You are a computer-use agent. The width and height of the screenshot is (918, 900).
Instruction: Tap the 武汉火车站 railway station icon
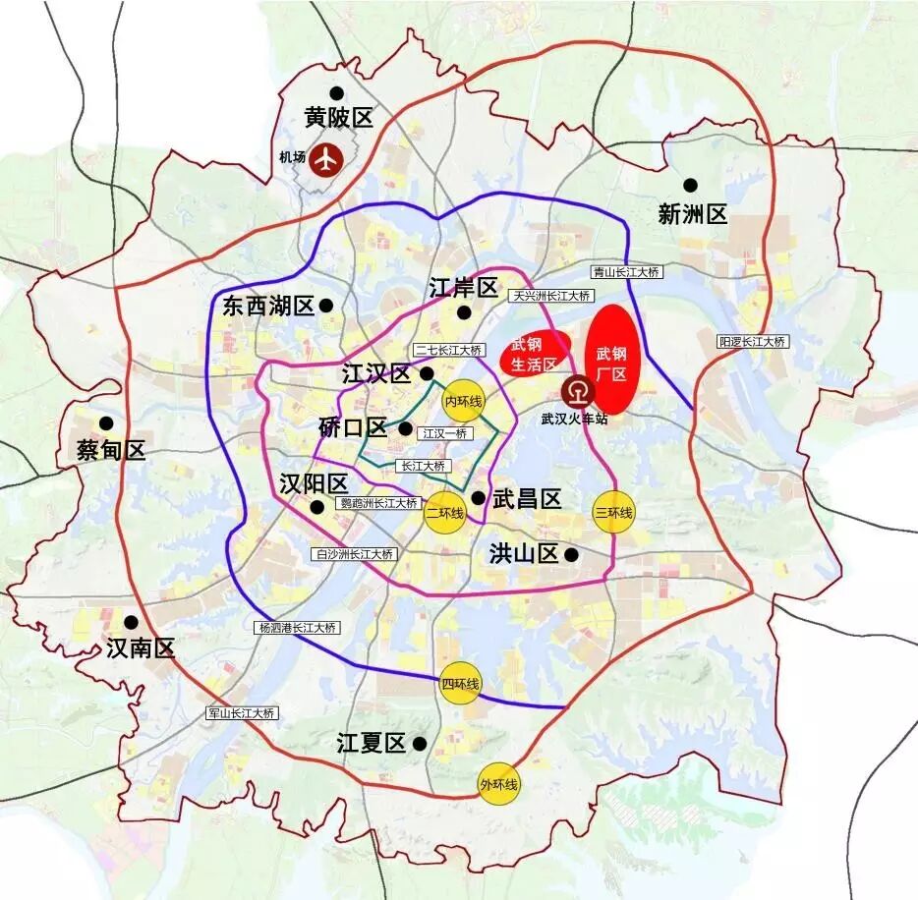(x=578, y=393)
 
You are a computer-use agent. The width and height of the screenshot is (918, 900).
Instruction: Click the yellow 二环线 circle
(x=444, y=512)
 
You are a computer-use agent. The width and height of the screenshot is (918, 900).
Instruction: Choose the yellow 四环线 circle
(x=459, y=683)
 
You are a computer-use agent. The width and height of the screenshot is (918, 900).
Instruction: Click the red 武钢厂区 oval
(x=611, y=360)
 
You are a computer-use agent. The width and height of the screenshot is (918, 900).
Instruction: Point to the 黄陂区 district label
(x=339, y=118)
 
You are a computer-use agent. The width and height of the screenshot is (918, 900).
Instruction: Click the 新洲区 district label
(x=693, y=213)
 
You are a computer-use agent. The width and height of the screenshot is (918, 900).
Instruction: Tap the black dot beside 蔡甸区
(x=105, y=422)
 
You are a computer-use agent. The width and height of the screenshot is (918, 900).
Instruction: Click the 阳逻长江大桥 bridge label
(x=752, y=341)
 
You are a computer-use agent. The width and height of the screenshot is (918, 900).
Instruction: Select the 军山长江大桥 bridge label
(x=241, y=712)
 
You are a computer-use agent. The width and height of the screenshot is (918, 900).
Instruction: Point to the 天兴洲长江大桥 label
(x=550, y=295)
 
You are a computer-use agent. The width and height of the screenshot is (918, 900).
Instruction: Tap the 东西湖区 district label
(x=267, y=306)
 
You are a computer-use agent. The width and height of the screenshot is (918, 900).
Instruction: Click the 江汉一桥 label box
(x=445, y=432)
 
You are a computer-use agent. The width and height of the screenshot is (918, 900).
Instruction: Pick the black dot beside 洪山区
(x=572, y=554)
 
